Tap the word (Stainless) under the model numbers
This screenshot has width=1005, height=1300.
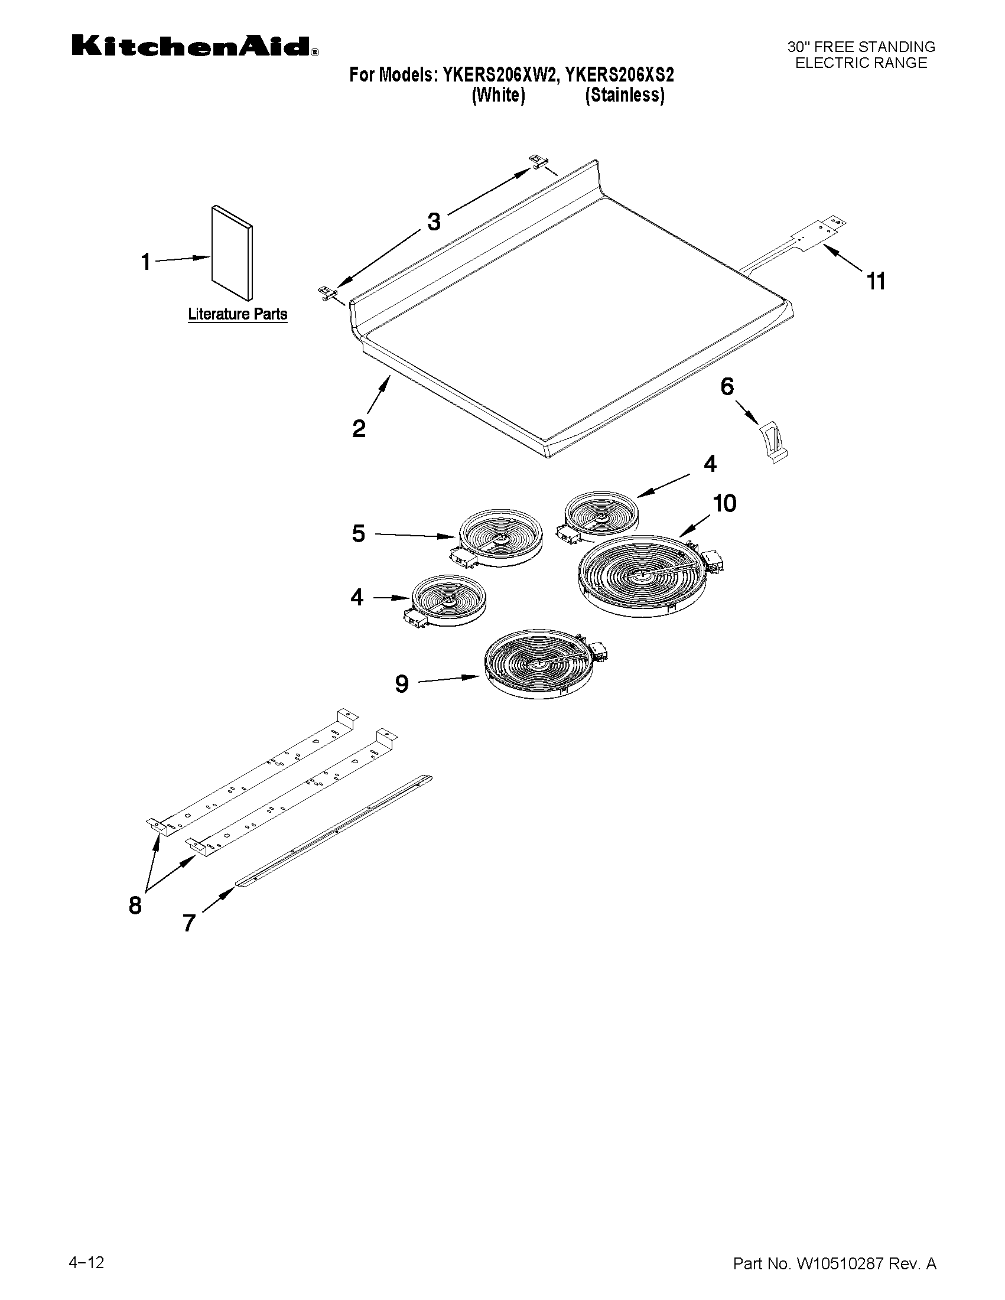(x=625, y=95)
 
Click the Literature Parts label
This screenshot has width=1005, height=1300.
(x=238, y=314)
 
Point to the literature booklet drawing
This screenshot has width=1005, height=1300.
(x=232, y=253)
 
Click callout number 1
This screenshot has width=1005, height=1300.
(x=146, y=261)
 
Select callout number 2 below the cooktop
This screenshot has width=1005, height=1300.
(x=359, y=429)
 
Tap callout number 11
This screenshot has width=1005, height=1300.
(x=876, y=281)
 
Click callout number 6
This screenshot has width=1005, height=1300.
(x=727, y=387)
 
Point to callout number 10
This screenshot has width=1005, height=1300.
(x=724, y=504)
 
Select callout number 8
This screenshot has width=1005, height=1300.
(x=135, y=905)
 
